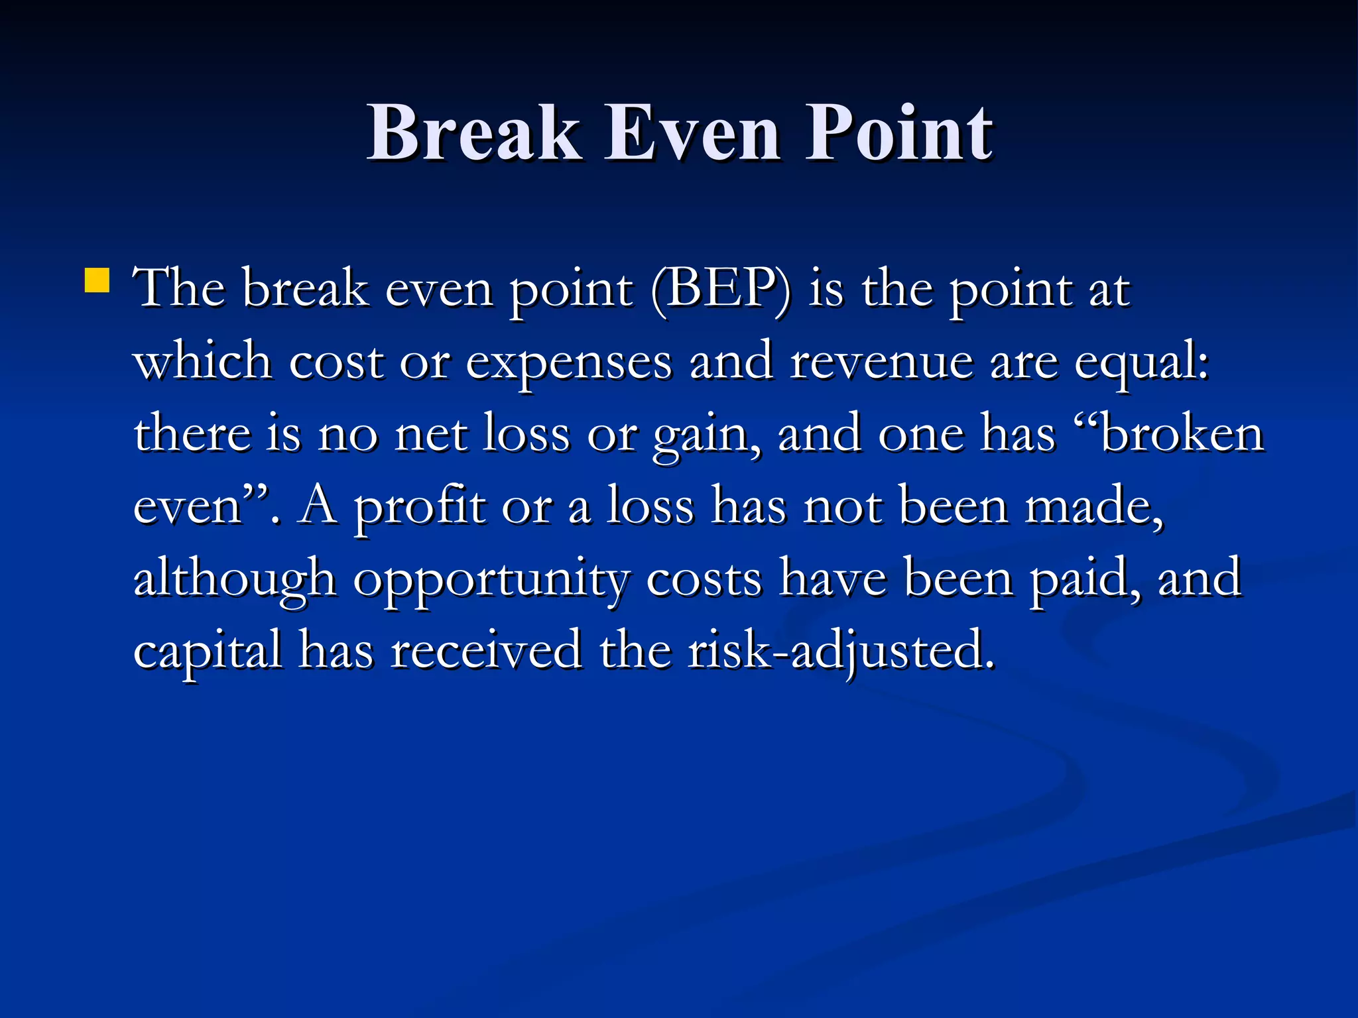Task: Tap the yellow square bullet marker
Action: (97, 280)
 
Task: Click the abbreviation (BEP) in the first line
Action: (720, 290)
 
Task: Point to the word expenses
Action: (568, 363)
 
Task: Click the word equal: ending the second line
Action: (1141, 363)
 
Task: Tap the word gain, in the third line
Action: (707, 435)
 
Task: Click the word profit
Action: (419, 507)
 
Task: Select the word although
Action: (235, 579)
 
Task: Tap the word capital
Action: (208, 651)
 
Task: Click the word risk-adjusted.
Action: (841, 651)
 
